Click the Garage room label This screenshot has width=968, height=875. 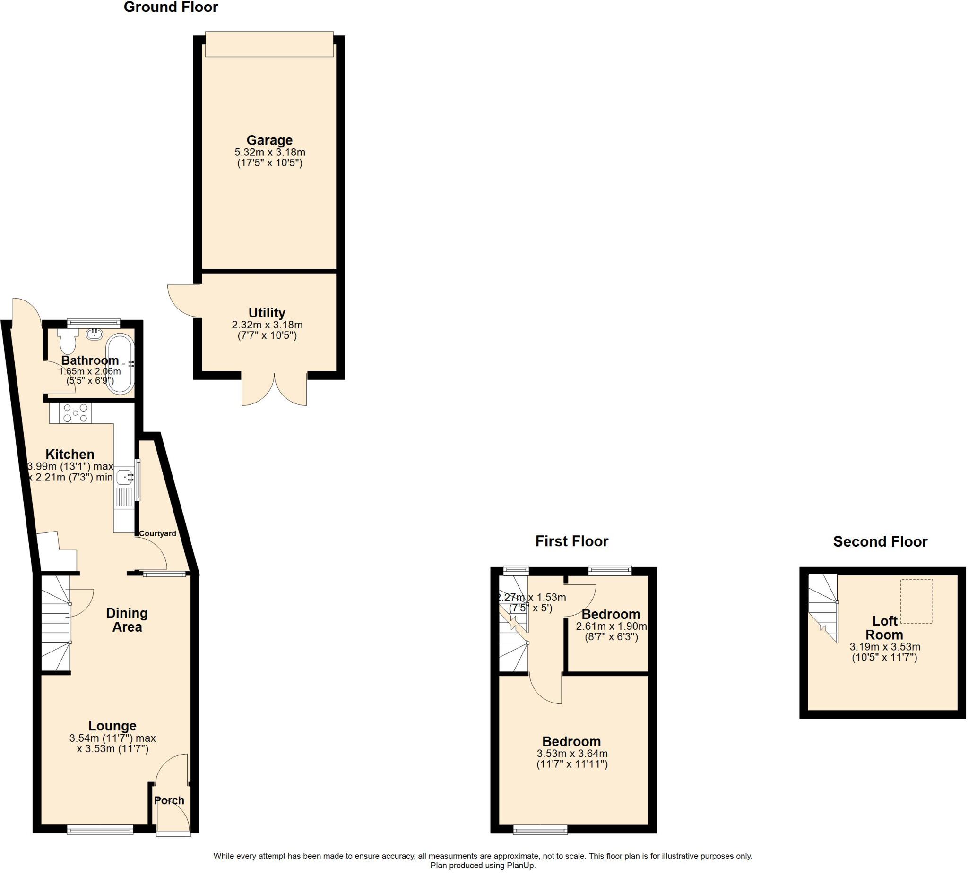pos(269,140)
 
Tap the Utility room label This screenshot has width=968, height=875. pos(267,313)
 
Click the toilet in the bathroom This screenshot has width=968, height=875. pos(68,341)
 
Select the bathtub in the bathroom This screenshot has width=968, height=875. pos(120,364)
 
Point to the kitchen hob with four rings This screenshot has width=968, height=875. pos(77,413)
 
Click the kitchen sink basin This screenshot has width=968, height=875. pos(124,477)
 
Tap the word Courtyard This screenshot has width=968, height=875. pos(157,533)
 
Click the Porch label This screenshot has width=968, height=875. pos(169,800)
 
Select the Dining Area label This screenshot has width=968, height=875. pos(127,620)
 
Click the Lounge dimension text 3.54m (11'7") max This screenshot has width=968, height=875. pos(112,738)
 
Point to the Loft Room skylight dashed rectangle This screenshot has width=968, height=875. pos(916,601)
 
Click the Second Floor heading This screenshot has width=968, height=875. pos(880,541)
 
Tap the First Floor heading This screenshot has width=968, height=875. pos(571,541)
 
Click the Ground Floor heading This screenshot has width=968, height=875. pos(171,7)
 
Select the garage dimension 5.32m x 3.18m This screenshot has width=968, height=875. pos(269,152)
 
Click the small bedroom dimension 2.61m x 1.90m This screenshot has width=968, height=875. pos(611,626)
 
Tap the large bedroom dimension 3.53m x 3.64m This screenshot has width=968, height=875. pos(571,753)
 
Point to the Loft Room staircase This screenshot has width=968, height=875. pos(822,607)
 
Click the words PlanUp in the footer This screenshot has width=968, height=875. pos(520,866)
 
